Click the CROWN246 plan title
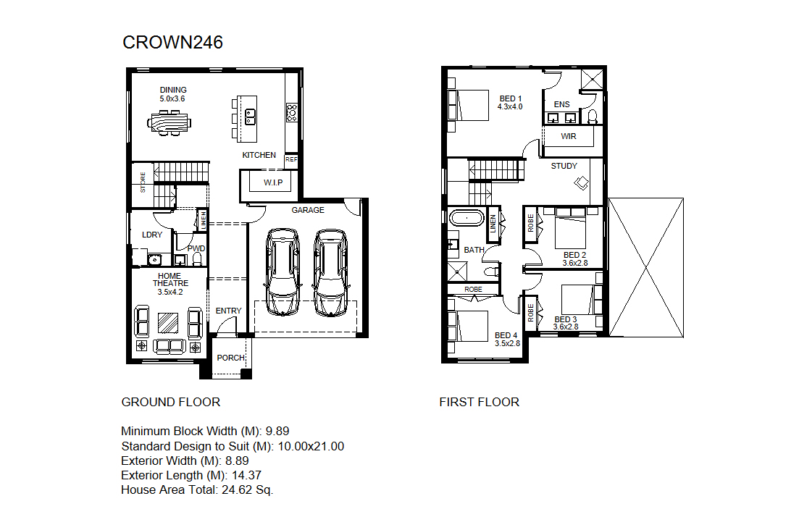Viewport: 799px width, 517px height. (x=172, y=42)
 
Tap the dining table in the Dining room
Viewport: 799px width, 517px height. (x=170, y=123)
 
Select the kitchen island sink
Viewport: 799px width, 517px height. (x=250, y=117)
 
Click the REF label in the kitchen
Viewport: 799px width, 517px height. (x=291, y=159)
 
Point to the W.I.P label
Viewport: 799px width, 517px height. (x=273, y=182)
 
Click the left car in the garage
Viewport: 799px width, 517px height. (x=283, y=272)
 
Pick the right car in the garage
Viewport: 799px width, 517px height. (x=330, y=272)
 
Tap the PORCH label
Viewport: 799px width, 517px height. (x=231, y=358)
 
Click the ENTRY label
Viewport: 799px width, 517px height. (x=228, y=311)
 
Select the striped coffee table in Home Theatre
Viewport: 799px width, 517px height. (x=168, y=322)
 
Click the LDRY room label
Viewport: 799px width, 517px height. (x=152, y=235)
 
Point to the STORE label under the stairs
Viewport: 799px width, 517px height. (x=143, y=182)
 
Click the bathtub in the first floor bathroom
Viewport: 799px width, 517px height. (x=467, y=218)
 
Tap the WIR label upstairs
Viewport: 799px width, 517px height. (x=569, y=137)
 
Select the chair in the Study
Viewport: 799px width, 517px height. (x=582, y=182)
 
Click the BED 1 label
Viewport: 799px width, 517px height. (x=511, y=98)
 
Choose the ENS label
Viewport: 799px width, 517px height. (x=562, y=104)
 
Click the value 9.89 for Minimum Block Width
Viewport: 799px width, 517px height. (x=277, y=431)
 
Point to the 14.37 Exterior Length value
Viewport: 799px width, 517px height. (x=246, y=475)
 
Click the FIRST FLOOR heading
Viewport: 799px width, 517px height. (x=480, y=402)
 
